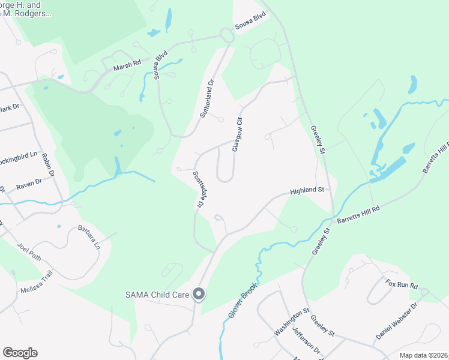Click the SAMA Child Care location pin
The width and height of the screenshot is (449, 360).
point(199,294)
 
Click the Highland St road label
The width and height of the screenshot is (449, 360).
point(307,190)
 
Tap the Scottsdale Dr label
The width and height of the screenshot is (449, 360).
point(197,190)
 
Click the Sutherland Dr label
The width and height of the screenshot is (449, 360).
point(206,98)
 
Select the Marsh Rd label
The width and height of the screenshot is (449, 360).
point(128,62)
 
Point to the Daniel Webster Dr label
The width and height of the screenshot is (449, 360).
point(397,322)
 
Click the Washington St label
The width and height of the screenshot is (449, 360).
point(292,322)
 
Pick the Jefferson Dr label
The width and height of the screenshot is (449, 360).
point(309,338)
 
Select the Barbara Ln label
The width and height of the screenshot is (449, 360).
point(88,237)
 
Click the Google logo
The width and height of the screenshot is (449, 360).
point(20,353)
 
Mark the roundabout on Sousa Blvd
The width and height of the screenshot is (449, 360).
point(227,35)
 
